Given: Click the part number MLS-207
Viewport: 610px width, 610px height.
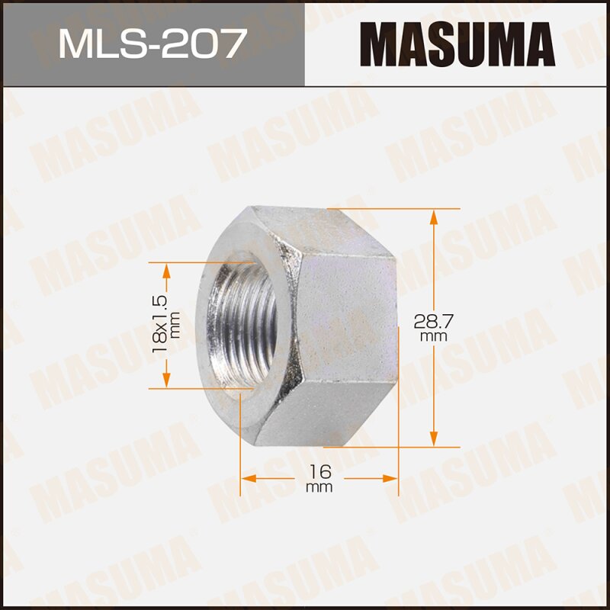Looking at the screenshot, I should tap(152, 43).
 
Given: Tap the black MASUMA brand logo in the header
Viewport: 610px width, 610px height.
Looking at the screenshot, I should tap(457, 43).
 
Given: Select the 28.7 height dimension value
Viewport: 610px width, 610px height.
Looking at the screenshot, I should tap(432, 320).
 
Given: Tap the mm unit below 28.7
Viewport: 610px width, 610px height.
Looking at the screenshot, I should tap(432, 335).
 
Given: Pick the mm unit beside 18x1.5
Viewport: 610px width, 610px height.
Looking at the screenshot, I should tap(175, 325).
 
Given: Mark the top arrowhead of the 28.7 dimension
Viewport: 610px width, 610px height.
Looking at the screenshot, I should tap(434, 217).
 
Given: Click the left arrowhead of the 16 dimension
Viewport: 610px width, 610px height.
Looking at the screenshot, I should tap(249, 479).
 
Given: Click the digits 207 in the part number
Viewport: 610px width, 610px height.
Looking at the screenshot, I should tap(207, 43).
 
